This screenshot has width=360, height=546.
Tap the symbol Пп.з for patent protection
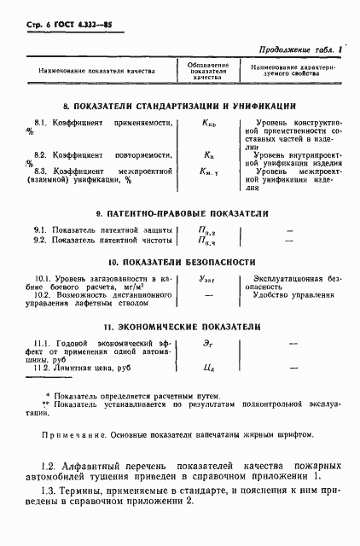pyautogui.click(x=207, y=231)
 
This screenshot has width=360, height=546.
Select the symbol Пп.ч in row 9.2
pyautogui.click(x=207, y=242)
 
